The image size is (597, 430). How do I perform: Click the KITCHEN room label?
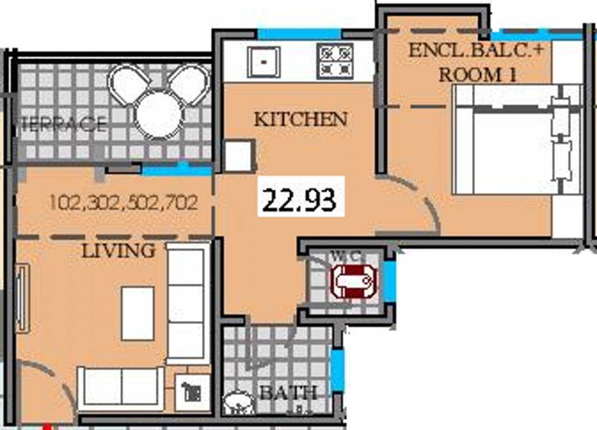(x=301, y=119)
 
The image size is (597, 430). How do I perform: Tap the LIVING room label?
(x=118, y=250)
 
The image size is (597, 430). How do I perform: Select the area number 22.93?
(x=300, y=200)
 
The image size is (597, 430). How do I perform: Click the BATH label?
(x=288, y=392)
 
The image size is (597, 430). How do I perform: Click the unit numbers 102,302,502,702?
(x=123, y=202)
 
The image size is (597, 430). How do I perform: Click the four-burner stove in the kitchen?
(x=335, y=60)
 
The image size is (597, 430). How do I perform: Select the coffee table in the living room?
(x=138, y=313)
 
